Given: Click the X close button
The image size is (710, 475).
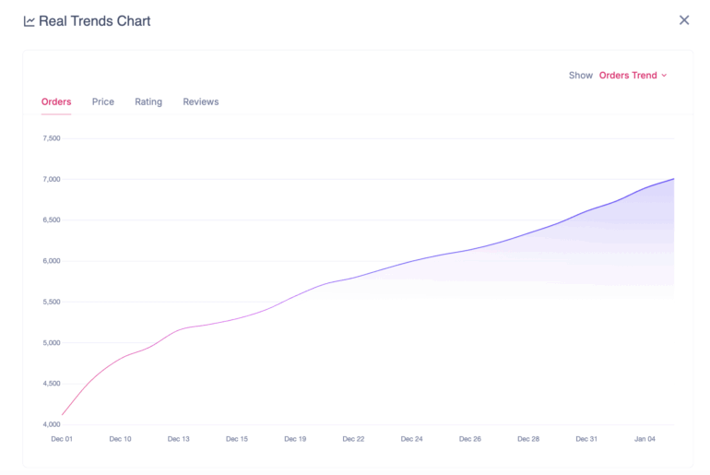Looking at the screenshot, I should (x=684, y=20).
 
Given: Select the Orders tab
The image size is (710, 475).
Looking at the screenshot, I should (x=56, y=101).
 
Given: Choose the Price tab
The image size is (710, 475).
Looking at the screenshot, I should (x=103, y=101).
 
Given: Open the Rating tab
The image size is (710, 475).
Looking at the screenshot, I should (x=148, y=101).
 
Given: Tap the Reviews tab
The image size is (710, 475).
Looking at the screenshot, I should (x=201, y=101).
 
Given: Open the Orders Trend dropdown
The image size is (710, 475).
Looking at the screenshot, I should (x=633, y=76).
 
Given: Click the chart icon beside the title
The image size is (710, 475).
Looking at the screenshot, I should (x=30, y=21).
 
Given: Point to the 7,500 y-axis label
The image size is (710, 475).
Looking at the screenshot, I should (x=51, y=138).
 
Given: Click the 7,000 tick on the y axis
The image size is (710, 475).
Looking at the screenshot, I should (x=51, y=179).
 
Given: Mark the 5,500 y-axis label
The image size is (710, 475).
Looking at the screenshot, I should (x=51, y=302).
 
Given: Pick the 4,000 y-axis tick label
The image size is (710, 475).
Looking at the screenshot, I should (x=51, y=424).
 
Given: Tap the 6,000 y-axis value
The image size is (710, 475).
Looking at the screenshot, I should (x=51, y=261).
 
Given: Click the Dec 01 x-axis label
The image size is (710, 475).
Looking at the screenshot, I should (x=62, y=439).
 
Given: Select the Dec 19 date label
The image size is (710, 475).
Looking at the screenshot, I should (x=296, y=439).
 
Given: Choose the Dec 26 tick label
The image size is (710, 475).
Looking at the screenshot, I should (x=471, y=439).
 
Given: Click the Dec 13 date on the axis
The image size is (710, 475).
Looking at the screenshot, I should (x=179, y=439).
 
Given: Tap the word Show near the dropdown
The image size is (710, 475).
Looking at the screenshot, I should (x=581, y=76).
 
